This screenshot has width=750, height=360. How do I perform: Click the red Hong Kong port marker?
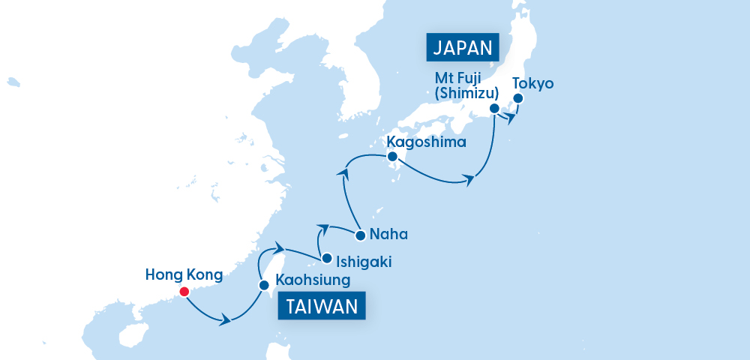(x=184, y=292)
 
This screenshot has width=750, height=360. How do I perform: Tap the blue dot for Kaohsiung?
(x=263, y=285)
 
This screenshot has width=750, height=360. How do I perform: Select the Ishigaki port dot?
(x=326, y=259)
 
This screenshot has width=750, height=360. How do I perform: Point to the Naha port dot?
(x=360, y=235)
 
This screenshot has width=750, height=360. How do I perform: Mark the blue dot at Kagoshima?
(x=391, y=157)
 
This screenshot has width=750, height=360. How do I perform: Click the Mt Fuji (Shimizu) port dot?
(x=494, y=109)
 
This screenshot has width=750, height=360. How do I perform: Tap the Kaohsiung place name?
(x=313, y=282)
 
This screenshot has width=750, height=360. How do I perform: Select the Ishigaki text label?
(x=364, y=262)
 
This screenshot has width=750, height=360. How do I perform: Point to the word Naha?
(x=389, y=235)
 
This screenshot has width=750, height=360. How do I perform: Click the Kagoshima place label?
(x=426, y=141)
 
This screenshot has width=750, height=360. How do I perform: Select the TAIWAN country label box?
(x=322, y=307)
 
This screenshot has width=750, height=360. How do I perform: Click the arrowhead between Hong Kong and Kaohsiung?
(x=224, y=321)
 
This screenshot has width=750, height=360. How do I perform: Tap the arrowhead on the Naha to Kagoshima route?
(x=343, y=173)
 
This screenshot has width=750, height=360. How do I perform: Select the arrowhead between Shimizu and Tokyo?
(x=511, y=118)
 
